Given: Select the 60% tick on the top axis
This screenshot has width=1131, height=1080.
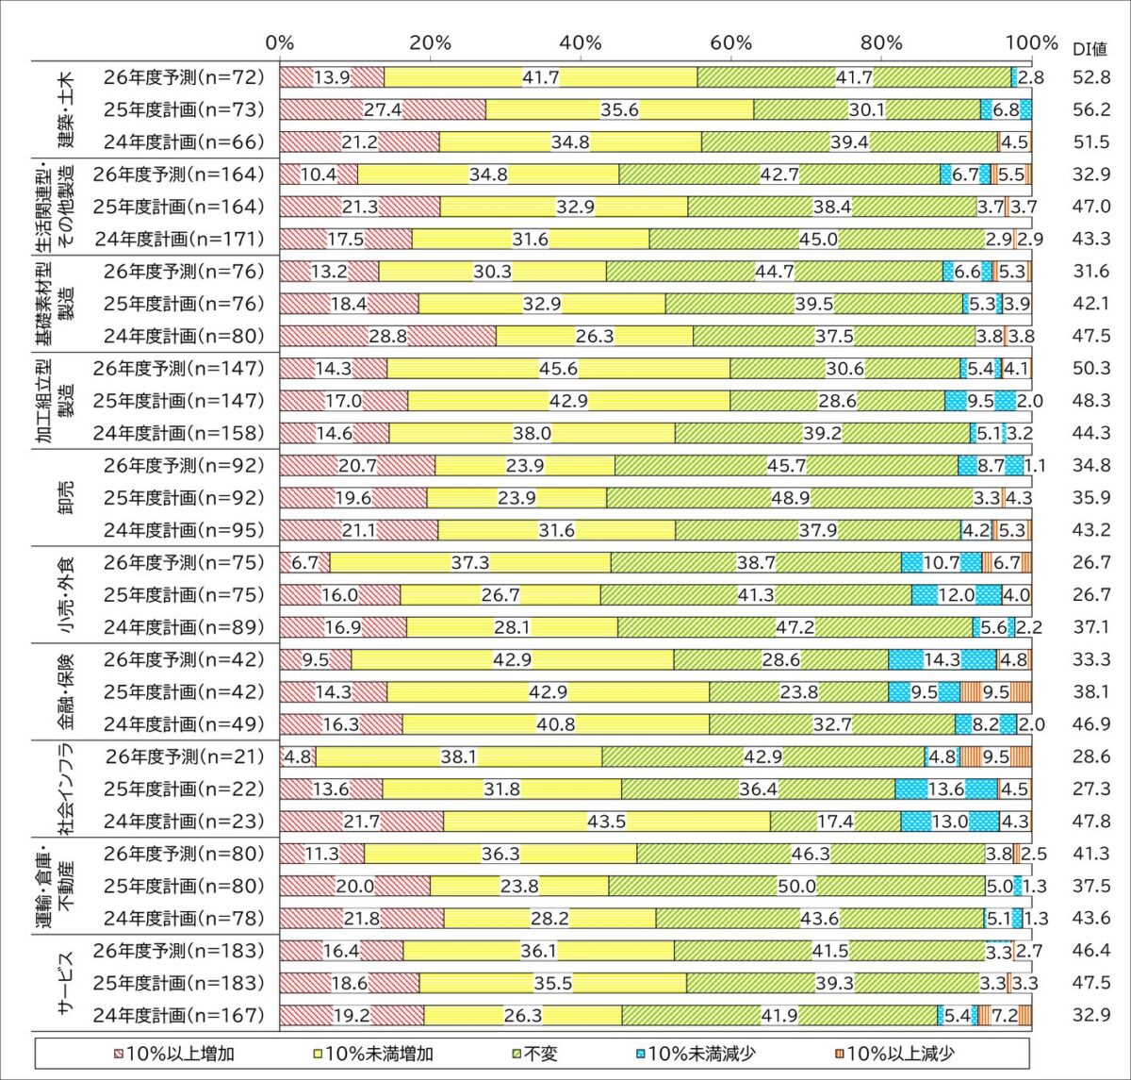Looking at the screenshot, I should point(731,43).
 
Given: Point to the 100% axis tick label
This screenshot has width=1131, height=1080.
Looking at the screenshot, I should point(1031,43).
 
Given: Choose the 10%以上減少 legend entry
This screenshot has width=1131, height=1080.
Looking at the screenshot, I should point(894,1054).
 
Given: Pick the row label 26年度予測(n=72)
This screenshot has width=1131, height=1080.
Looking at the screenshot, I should point(185,77).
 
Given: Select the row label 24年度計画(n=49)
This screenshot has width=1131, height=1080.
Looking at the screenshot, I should point(185,724).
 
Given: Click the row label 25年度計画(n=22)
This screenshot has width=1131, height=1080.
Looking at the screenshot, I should point(185,789).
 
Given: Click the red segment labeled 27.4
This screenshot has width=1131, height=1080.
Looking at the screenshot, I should point(383,109).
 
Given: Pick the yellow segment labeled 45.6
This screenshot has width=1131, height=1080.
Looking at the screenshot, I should point(558,368).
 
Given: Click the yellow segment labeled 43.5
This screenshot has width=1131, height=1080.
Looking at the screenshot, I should point(606,822).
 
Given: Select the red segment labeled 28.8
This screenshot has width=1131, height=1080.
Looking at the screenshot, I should point(387,336).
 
